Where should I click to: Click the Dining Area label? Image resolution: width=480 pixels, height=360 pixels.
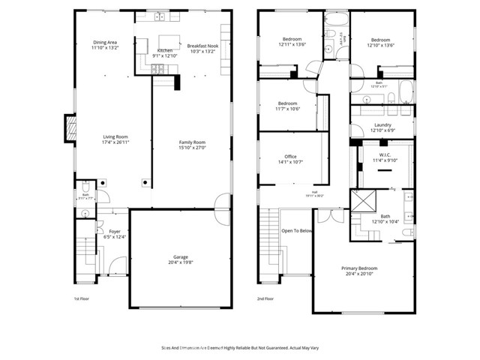click(105, 42)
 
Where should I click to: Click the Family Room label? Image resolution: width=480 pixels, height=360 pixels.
click(192, 142)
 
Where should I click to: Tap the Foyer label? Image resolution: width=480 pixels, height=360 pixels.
click(115, 232)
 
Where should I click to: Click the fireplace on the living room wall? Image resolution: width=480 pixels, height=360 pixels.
click(71, 128)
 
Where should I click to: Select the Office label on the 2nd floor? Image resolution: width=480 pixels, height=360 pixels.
click(290, 157)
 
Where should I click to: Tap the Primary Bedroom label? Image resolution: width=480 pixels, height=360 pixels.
click(359, 268)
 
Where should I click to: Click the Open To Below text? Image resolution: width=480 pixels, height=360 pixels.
click(296, 231)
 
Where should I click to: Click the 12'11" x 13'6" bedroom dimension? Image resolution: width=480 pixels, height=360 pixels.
click(292, 44)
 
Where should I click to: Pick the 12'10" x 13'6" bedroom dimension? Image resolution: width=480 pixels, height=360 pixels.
click(380, 44)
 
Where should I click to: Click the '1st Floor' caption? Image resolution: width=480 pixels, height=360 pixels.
click(82, 298)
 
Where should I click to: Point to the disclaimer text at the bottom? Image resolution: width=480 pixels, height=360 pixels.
click(239, 348)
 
